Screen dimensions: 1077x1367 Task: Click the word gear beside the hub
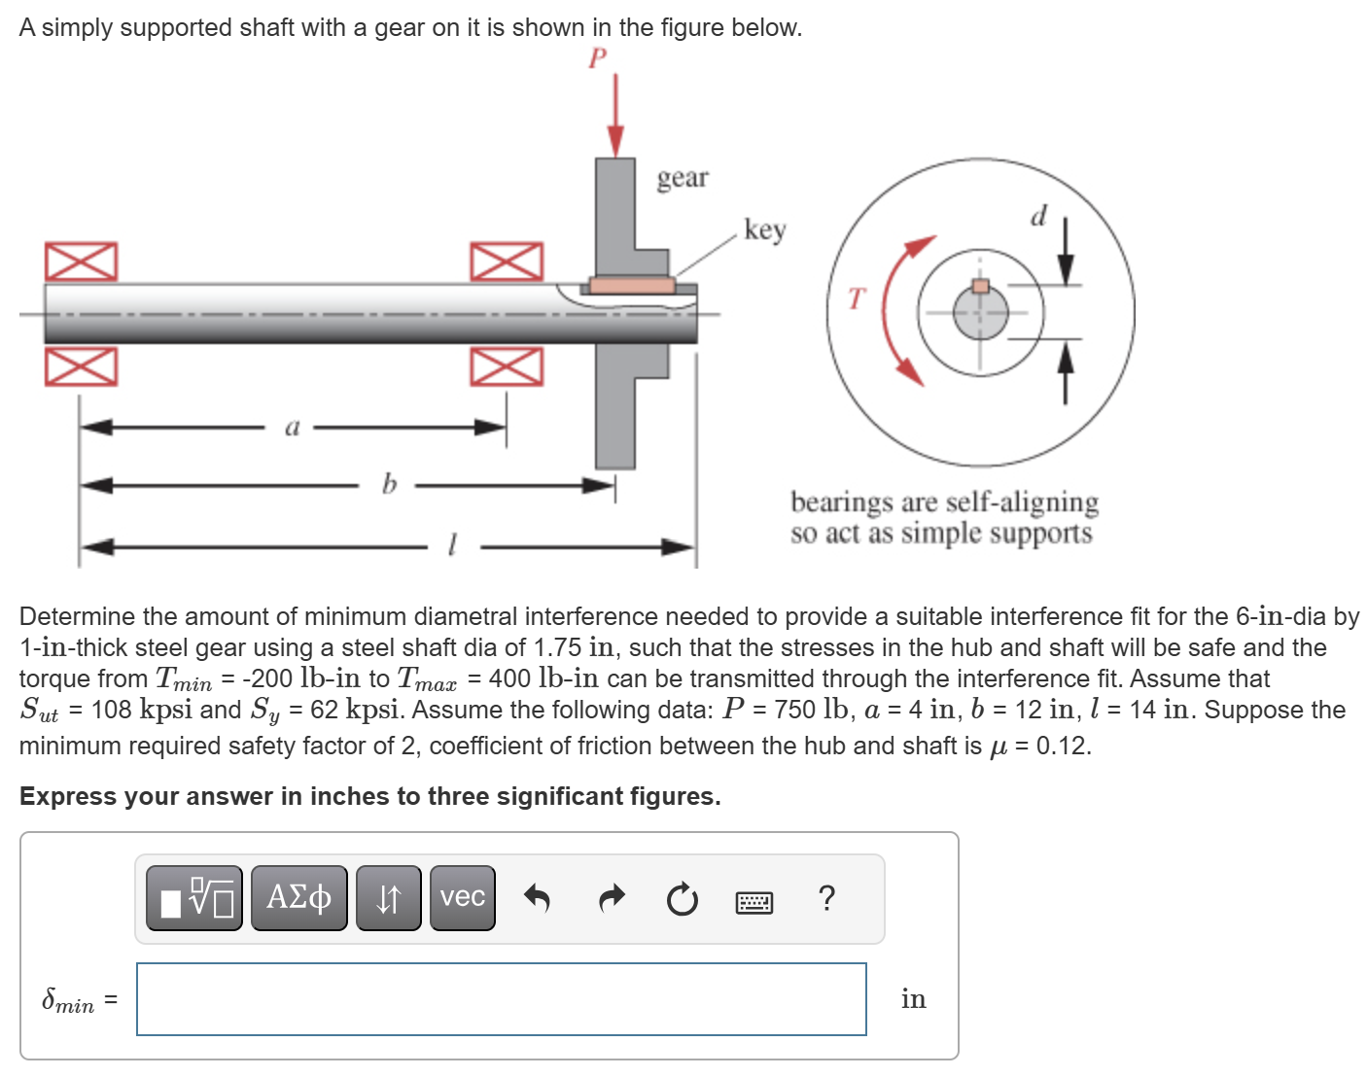683,178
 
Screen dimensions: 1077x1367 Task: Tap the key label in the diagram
764,229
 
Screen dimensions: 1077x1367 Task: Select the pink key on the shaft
632,285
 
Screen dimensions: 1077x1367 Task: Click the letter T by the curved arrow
855,298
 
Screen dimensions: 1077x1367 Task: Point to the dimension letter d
1038,216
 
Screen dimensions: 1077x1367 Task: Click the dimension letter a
293,427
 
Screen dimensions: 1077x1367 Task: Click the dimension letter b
389,483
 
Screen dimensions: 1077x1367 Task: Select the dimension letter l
451,544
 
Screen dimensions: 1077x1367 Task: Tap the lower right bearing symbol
507,366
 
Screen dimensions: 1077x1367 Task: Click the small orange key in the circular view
981,286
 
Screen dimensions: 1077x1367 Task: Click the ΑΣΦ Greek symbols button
298,897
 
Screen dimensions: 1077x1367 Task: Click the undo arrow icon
537,898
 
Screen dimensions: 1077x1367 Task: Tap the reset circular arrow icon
682,900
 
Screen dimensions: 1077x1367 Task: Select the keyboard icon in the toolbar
754,903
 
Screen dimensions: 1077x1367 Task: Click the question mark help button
826,898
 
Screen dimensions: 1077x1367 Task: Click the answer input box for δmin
501,998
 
